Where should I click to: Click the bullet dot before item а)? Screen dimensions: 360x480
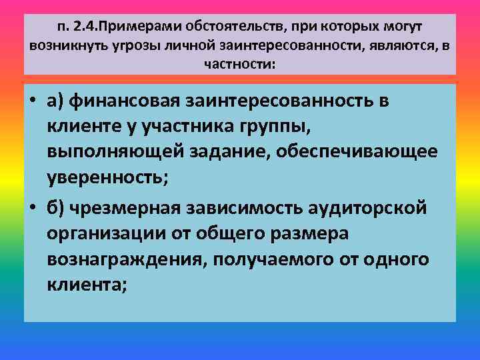click(33, 101)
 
